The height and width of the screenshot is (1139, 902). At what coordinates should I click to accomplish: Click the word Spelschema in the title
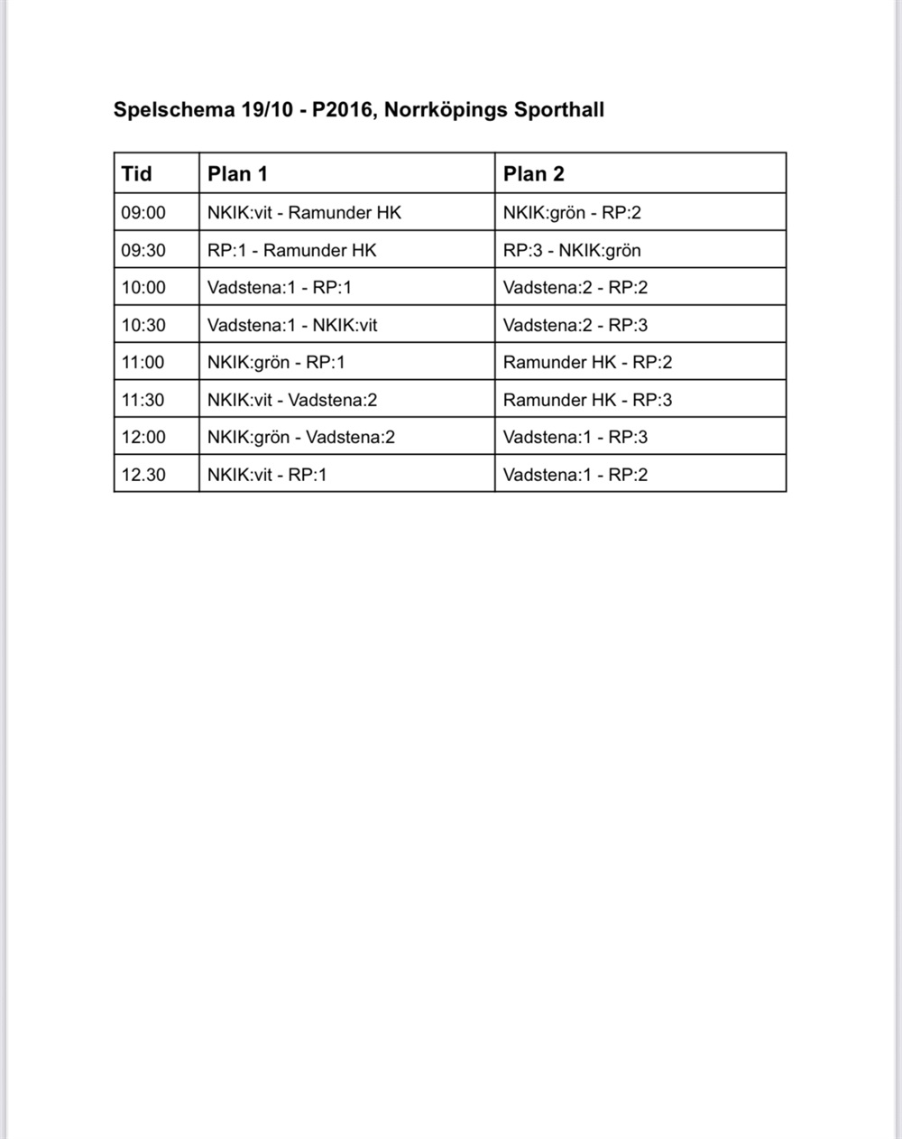tap(173, 110)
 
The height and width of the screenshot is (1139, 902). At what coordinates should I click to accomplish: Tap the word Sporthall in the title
tap(558, 110)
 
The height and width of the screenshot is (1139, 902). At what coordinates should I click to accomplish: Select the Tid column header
tap(137, 174)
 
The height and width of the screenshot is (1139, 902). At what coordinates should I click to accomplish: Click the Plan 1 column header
tap(237, 174)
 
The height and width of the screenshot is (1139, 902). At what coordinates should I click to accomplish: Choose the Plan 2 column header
tap(533, 174)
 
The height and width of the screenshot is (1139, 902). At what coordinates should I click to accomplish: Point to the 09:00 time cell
tap(143, 213)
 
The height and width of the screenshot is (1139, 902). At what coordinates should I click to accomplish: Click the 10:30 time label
tap(143, 325)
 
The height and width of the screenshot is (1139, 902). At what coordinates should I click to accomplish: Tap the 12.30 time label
tap(143, 475)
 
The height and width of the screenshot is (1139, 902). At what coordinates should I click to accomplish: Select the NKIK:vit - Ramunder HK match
tap(304, 213)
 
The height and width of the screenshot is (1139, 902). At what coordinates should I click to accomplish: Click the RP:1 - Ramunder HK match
tap(291, 251)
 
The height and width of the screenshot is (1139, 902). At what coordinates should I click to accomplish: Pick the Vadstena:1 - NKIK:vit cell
tap(292, 325)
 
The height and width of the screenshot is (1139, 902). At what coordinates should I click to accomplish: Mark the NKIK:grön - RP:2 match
tap(572, 213)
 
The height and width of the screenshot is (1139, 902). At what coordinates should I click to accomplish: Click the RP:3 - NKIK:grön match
tap(572, 251)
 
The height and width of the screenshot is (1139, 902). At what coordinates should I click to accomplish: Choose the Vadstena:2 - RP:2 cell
tap(575, 288)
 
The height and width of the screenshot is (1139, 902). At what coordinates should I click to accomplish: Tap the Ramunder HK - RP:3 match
tap(587, 400)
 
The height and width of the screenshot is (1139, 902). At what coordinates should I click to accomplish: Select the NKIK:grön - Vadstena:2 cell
tap(301, 438)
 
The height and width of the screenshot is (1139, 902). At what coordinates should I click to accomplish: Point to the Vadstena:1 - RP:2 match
tap(575, 475)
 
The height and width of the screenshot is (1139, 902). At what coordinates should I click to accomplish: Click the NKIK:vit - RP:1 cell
tap(267, 475)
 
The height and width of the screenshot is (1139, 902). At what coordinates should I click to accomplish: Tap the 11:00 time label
tap(143, 363)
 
